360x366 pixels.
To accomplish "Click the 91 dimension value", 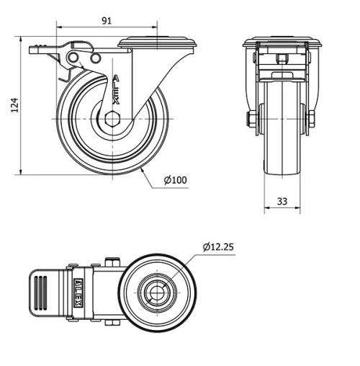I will pyautogui.click(x=106, y=20).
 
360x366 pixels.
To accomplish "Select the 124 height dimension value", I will pyautogui.click(x=13, y=106).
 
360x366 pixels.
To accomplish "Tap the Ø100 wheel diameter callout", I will pyautogui.click(x=176, y=179).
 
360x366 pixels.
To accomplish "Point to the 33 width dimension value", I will pyautogui.click(x=282, y=203).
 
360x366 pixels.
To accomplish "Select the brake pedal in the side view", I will pyautogui.click(x=44, y=50).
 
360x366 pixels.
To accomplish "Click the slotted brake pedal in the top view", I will pyautogui.click(x=44, y=294).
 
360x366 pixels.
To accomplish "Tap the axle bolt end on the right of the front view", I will pyautogui.click(x=312, y=120).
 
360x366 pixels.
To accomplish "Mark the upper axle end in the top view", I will pyautogui.click(x=111, y=262).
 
